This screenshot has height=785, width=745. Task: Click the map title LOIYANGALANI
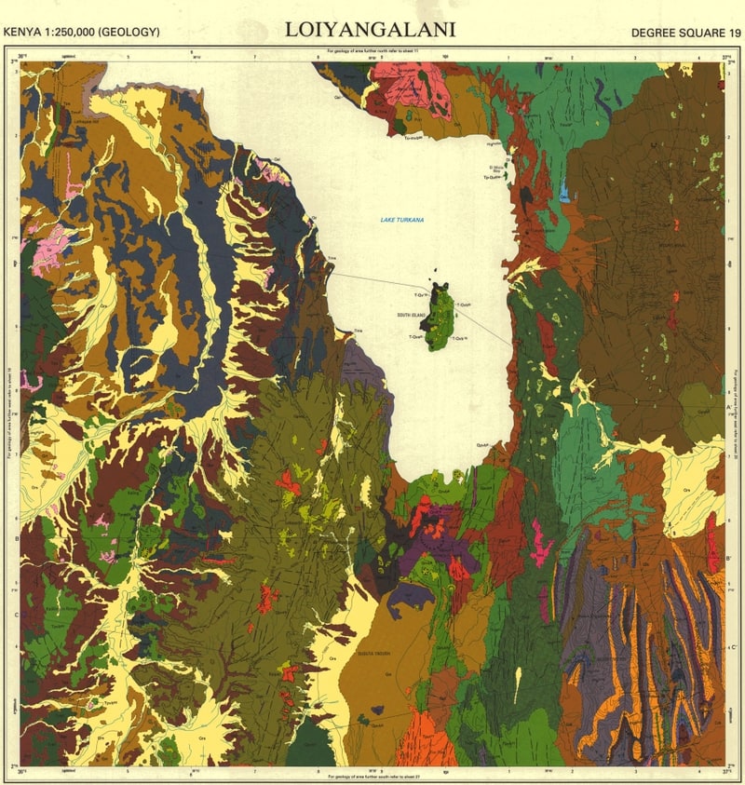pos(370,29)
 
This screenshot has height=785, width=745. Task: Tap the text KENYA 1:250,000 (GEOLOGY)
pos(82,33)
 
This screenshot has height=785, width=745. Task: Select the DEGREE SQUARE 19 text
pos(684,33)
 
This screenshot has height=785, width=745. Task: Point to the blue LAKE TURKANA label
pos(401,220)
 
